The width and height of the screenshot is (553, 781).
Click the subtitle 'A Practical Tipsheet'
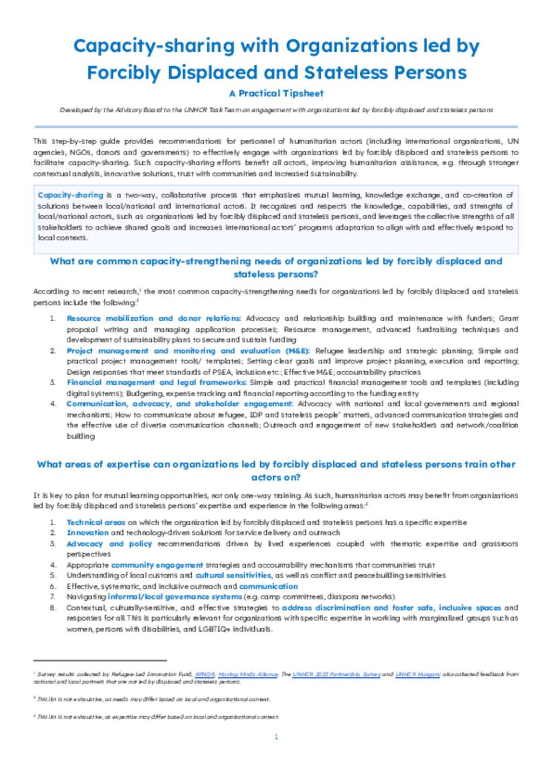coord(276,93)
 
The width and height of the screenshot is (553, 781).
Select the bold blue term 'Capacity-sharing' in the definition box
coord(70,195)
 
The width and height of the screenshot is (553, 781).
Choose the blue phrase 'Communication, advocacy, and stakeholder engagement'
coord(179,404)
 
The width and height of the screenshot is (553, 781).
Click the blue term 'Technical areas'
coord(96,522)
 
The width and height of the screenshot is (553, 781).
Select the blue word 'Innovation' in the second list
coord(87,533)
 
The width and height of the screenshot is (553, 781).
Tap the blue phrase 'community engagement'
coord(157,565)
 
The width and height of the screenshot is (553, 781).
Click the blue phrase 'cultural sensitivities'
coord(233,575)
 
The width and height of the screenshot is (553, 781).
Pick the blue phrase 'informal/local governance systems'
coord(174,597)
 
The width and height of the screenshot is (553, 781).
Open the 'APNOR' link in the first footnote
coord(205,674)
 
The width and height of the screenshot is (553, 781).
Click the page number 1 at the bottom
coord(276,737)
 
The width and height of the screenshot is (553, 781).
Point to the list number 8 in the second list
coord(52,608)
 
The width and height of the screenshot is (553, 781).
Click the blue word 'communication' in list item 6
coord(268,586)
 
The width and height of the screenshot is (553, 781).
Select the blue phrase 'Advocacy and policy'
coord(109,544)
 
